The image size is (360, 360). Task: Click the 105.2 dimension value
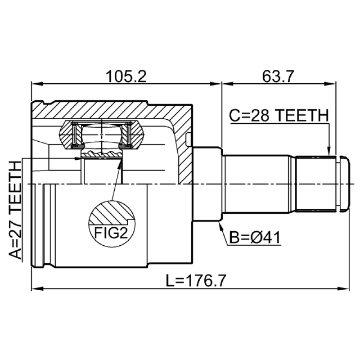[x=126, y=76]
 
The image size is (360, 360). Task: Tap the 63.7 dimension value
[x=278, y=76]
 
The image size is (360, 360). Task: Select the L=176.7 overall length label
[x=196, y=280]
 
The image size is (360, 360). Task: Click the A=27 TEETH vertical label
[x=15, y=210]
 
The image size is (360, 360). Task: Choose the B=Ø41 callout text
[x=255, y=238]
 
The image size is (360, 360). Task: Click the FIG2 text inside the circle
[x=111, y=233]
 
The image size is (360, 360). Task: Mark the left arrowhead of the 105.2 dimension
[x=37, y=84]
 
